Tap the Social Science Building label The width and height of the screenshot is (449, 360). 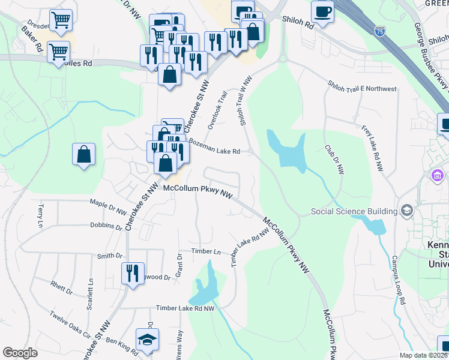[x=354, y=211]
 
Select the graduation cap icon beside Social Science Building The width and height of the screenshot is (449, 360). [x=408, y=211]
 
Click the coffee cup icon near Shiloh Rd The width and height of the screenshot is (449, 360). [x=323, y=12]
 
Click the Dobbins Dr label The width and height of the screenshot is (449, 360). [x=106, y=226]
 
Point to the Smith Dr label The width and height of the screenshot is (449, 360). [x=110, y=256]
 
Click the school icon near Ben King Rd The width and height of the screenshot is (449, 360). [x=146, y=340]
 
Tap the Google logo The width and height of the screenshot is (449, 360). [x=20, y=353]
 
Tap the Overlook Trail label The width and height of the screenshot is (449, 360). [x=218, y=109]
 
